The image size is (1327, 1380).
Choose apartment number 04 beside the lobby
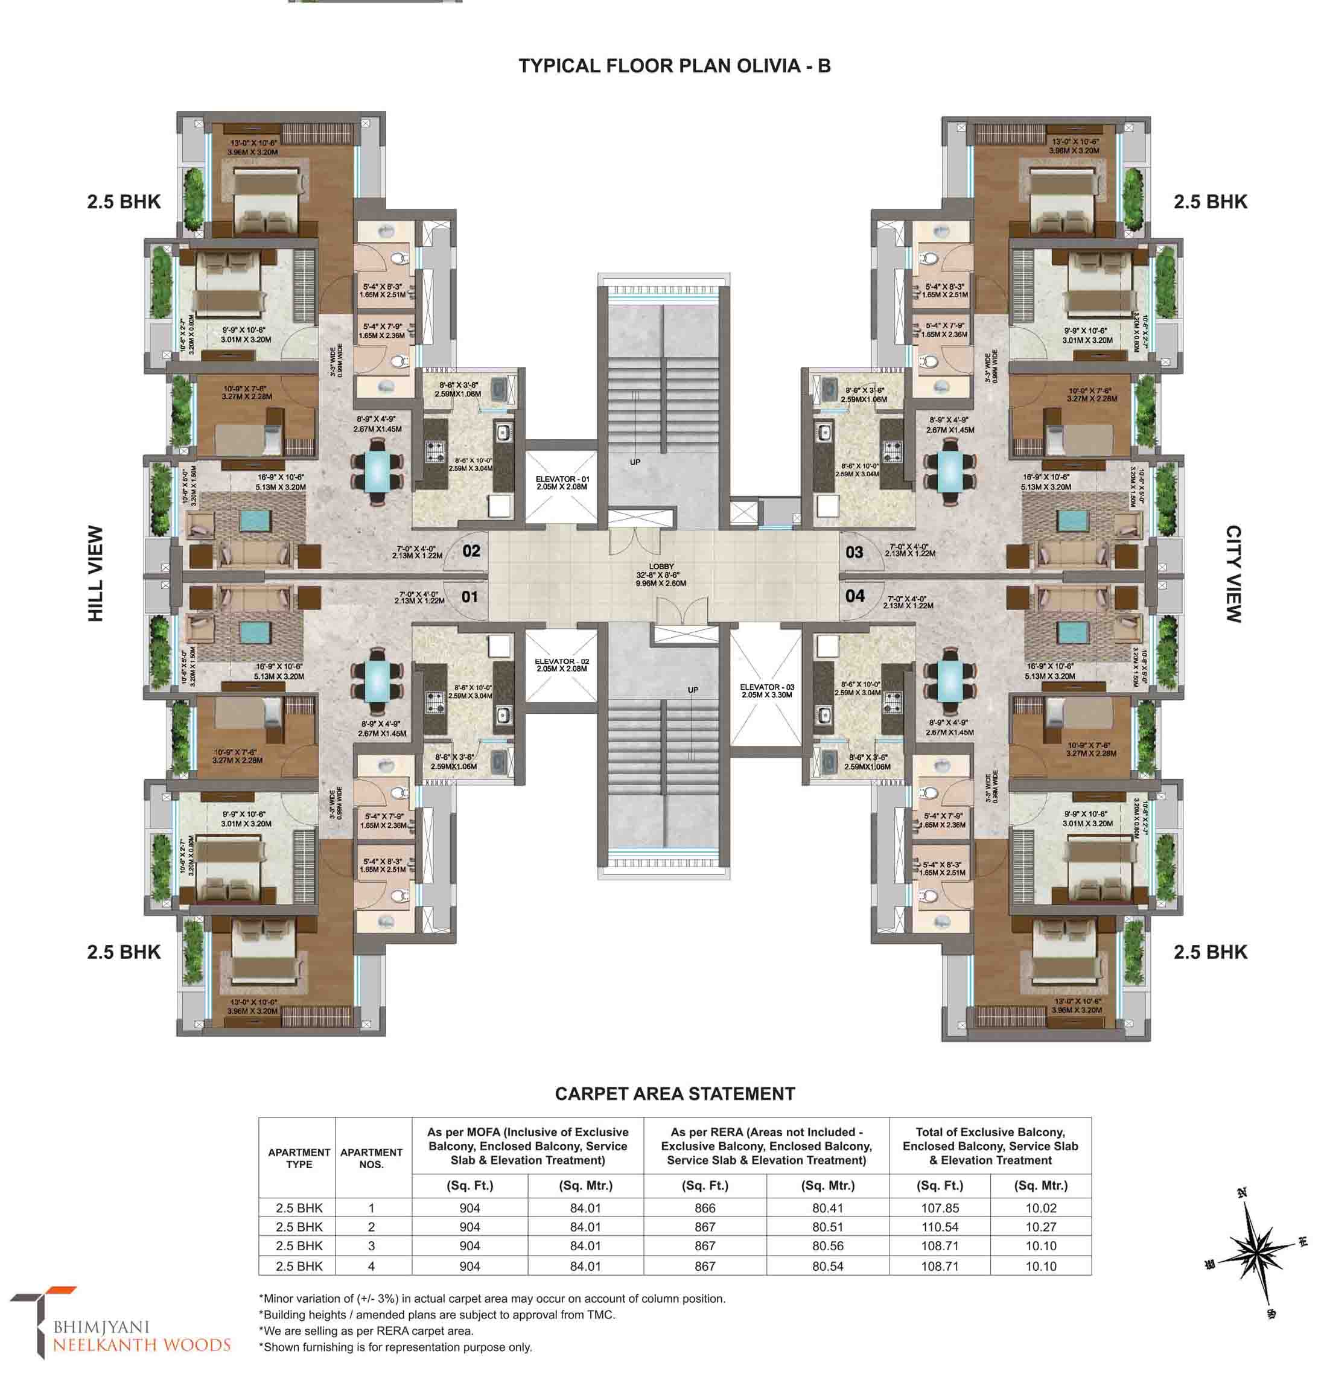pyautogui.click(x=854, y=596)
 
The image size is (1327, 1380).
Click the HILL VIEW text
pyautogui.click(x=96, y=574)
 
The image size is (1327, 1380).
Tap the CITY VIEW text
pyautogui.click(x=1233, y=574)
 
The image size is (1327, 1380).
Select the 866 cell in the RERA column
pyautogui.click(x=704, y=1208)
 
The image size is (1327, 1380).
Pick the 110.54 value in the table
pyautogui.click(x=939, y=1227)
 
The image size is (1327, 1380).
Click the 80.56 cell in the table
pyautogui.click(x=827, y=1246)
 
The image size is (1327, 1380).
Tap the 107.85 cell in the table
pyautogui.click(x=939, y=1208)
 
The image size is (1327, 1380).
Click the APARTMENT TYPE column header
pyautogui.click(x=299, y=1158)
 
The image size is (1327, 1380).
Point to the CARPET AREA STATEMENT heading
pyautogui.click(x=675, y=1093)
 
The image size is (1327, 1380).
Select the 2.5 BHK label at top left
pyautogui.click(x=124, y=202)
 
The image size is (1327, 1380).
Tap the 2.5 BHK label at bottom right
pyautogui.click(x=1209, y=952)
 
